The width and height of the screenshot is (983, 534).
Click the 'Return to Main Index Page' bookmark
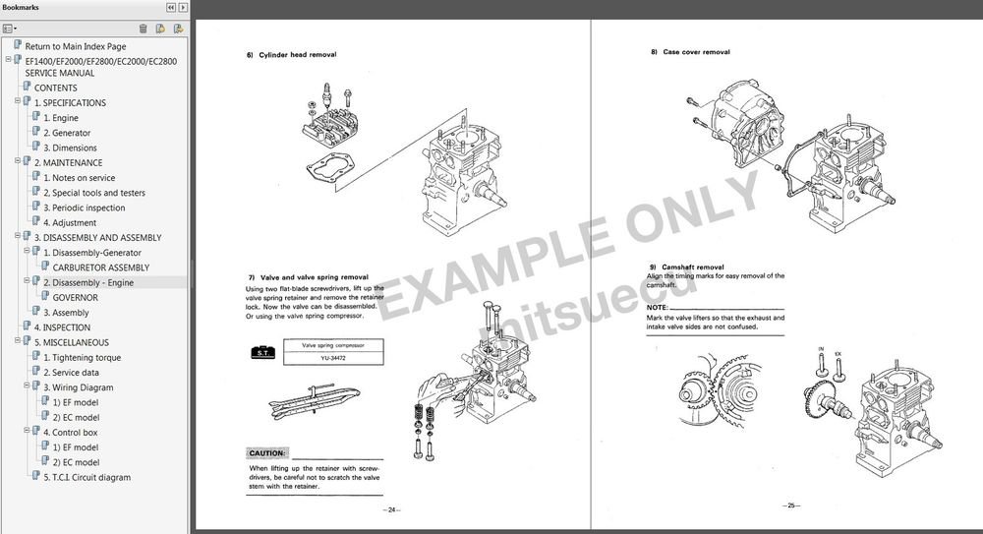75,46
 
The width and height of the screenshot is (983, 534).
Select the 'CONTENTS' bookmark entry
55,88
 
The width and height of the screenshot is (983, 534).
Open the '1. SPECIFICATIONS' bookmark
70,102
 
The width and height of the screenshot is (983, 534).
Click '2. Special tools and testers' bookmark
93,193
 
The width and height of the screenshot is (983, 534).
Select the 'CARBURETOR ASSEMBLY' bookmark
101,267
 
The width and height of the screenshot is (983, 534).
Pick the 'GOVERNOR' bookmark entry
75,297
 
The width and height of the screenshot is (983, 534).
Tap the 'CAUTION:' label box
266,453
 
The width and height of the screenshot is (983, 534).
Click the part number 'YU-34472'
331,359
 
